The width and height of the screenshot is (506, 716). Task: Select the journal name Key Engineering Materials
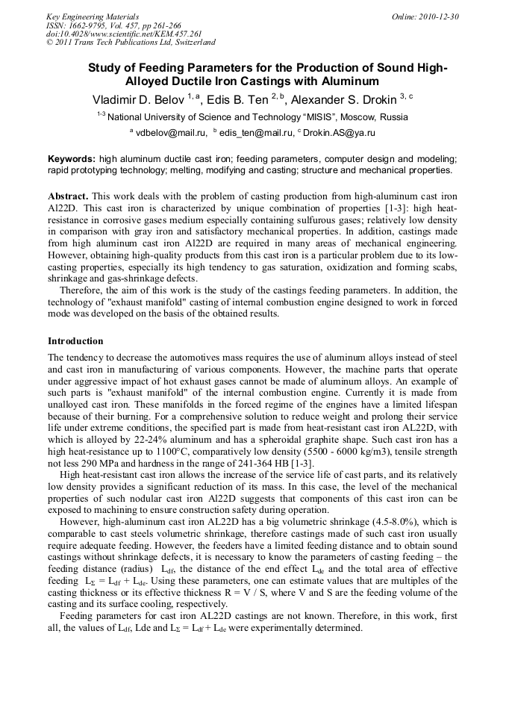(x=92, y=16)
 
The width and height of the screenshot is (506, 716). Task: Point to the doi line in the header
(x=124, y=34)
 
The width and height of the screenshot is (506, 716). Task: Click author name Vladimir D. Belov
(x=138, y=99)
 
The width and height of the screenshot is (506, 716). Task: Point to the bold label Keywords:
(x=72, y=159)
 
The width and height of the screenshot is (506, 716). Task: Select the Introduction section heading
(x=75, y=340)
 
